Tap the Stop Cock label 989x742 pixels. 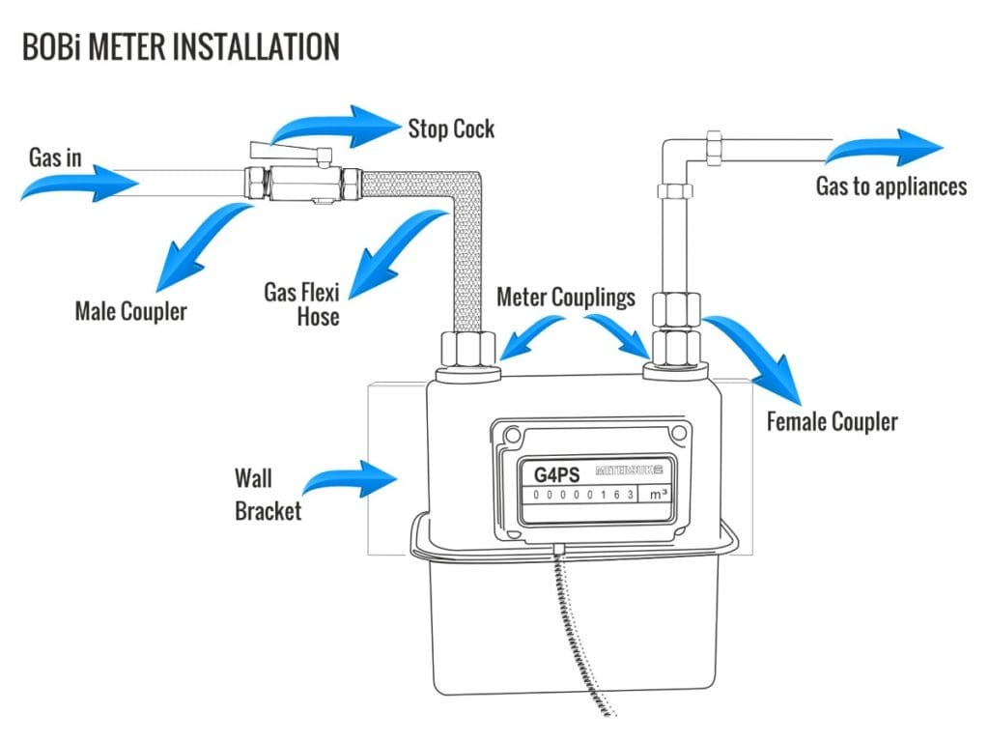450,128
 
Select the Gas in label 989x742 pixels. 55,157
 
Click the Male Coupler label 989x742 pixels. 130,312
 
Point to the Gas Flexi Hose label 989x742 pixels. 301,303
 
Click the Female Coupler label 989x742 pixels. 832,421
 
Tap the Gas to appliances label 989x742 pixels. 890,186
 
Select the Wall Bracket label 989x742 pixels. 268,494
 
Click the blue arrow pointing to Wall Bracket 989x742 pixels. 353,476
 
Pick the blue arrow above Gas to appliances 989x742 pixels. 884,147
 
